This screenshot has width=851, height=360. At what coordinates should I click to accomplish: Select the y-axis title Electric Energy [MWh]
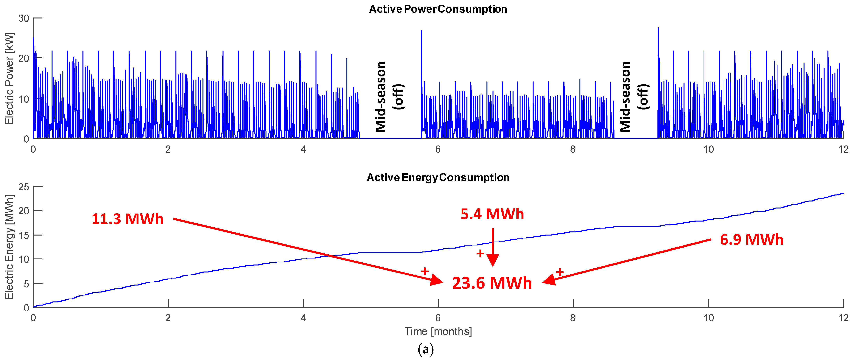point(9,247)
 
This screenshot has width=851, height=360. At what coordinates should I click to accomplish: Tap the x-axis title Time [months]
point(438,331)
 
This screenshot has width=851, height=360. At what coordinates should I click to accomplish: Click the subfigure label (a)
point(426,349)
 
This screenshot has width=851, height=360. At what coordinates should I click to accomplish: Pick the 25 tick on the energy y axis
point(24,187)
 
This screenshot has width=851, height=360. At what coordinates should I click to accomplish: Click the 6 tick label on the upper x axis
point(438,149)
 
